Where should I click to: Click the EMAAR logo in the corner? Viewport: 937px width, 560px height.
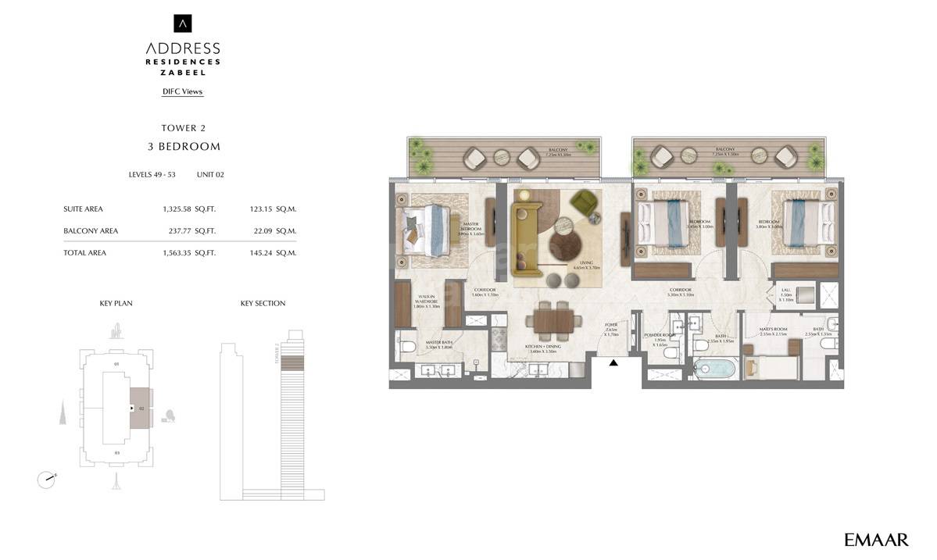tap(876, 540)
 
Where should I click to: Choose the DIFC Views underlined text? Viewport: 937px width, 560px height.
tap(182, 92)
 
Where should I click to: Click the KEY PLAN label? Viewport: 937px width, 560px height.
tap(116, 304)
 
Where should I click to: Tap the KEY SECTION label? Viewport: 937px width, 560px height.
tap(263, 304)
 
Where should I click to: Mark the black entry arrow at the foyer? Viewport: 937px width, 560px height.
tap(613, 362)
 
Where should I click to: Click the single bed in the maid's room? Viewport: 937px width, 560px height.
tap(771, 367)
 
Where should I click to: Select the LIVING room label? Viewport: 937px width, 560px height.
tap(587, 263)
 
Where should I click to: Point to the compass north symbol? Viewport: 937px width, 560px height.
tap(47, 479)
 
